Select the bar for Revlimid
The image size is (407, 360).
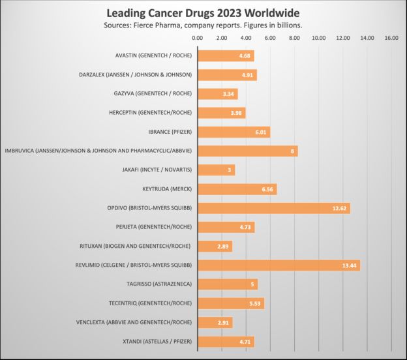(279, 265)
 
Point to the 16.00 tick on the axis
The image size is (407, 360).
(391, 38)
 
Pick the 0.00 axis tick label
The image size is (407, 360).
(198, 38)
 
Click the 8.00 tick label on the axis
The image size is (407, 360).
(294, 38)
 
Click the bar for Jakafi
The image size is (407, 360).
(216, 170)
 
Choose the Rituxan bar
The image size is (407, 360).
(215, 247)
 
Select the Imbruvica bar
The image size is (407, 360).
(247, 151)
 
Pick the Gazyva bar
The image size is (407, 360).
(217, 94)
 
